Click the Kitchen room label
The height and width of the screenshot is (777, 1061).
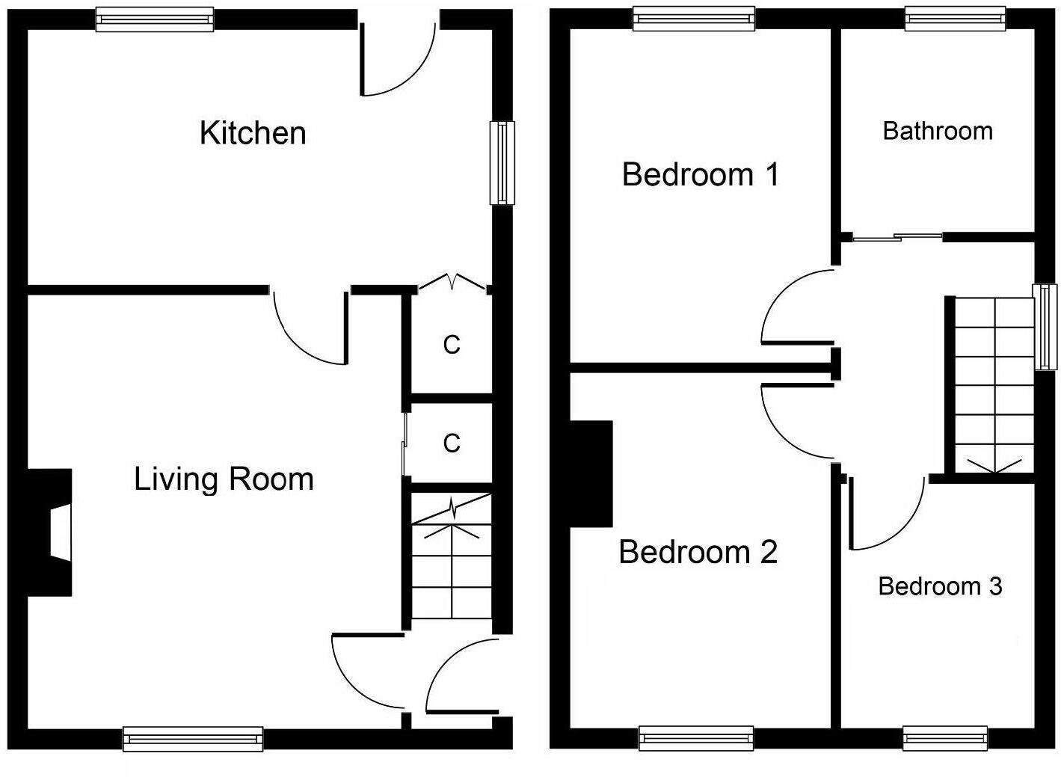[x=253, y=133]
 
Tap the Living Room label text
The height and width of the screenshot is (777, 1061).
[x=224, y=479]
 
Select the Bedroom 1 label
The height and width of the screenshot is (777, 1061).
[x=701, y=175]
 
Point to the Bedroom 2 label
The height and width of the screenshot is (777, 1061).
[x=698, y=553]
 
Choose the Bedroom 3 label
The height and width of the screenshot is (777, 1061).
[x=940, y=586]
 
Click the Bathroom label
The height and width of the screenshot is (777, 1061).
[x=938, y=132]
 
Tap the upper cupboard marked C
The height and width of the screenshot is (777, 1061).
[x=451, y=345]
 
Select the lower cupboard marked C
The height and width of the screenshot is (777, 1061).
[x=451, y=443]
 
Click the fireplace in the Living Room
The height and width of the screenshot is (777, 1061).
[x=52, y=532]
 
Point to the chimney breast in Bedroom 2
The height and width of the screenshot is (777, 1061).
[x=591, y=474]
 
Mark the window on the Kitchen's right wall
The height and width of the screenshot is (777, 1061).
[x=502, y=163]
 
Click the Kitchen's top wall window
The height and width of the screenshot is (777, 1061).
[x=155, y=19]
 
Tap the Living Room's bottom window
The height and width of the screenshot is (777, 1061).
[x=193, y=739]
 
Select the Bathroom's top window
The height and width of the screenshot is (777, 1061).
[x=954, y=19]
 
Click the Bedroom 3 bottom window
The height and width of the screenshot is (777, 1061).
[x=945, y=738]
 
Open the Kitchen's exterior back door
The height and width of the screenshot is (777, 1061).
[x=397, y=60]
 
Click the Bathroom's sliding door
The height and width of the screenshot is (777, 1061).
[x=897, y=238]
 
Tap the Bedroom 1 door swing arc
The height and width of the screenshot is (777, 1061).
[x=793, y=307]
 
